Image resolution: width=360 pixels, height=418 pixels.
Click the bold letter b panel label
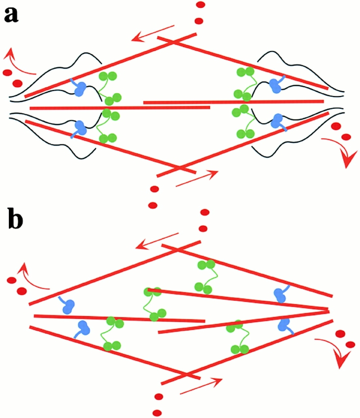point(15,221)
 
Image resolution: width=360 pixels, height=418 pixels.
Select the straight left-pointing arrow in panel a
point(152,33)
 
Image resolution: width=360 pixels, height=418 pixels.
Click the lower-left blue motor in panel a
point(78,128)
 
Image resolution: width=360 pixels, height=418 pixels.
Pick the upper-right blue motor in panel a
point(278,85)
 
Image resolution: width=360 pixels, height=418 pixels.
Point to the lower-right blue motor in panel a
point(279,121)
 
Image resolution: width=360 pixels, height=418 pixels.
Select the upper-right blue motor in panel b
point(281,294)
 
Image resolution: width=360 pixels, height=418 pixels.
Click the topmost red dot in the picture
point(200,5)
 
